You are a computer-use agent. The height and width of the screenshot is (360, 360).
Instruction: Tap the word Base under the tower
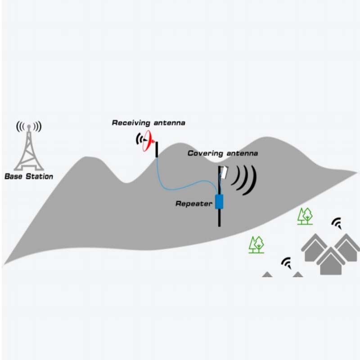[x=13, y=176]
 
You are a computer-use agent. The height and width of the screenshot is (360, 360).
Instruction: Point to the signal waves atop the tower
[x=28, y=126]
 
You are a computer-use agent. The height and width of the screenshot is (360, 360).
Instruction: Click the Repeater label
[x=193, y=204]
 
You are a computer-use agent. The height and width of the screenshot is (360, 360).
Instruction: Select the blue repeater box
[x=220, y=202]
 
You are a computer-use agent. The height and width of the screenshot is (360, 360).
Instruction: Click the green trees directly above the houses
[x=306, y=216]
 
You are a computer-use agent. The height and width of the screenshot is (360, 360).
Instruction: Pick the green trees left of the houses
[x=257, y=244]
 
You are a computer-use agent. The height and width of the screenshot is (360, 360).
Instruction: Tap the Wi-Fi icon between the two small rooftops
[x=286, y=262]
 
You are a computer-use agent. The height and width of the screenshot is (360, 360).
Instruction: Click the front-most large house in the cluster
[x=331, y=261]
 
